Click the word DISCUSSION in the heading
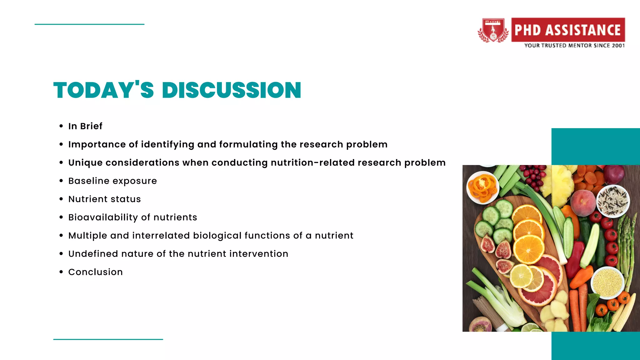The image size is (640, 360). [x=231, y=90]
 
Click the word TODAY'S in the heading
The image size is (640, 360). [x=103, y=90]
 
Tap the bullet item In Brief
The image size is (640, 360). [x=85, y=126]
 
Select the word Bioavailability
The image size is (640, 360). [x=103, y=217]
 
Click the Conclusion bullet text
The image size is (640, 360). [x=95, y=272]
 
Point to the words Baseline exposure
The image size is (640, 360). [x=112, y=181]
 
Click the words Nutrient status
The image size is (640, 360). [x=104, y=199]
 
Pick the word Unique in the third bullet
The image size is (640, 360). [x=85, y=163]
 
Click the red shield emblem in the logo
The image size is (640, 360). [x=493, y=30]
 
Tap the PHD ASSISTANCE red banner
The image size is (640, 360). [x=567, y=30]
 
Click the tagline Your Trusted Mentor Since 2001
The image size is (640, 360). [x=574, y=46]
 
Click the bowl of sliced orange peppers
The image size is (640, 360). [x=482, y=187]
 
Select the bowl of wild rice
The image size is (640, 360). [x=612, y=201]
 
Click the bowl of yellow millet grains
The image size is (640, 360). [x=607, y=282]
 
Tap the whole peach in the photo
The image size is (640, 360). [x=583, y=203]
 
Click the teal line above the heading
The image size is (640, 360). [x=89, y=24]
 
